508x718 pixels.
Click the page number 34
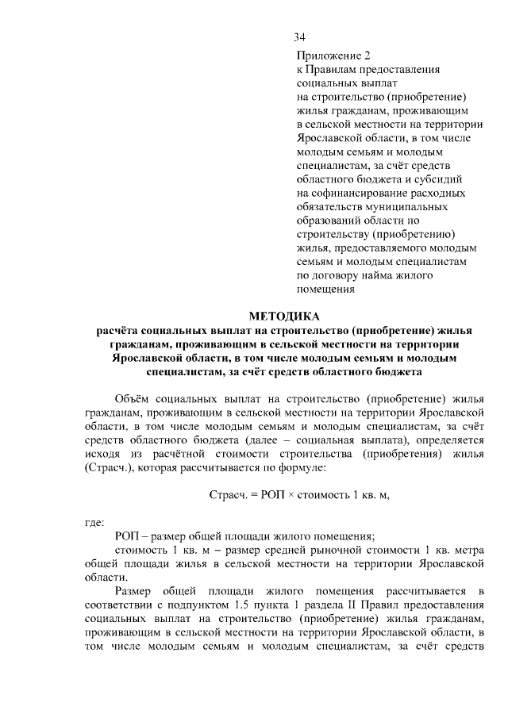[x=299, y=37]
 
